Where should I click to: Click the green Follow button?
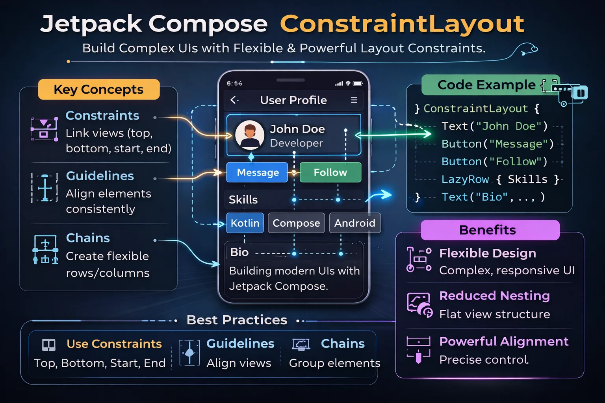click(330, 172)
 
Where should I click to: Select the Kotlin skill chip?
click(245, 223)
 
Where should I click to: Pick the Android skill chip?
click(354, 223)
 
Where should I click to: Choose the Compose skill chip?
click(296, 223)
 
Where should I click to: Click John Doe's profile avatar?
click(250, 135)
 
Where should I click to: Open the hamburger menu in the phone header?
click(354, 100)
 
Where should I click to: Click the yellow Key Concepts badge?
click(98, 89)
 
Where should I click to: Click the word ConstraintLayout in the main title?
click(402, 24)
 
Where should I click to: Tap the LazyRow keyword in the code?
click(465, 179)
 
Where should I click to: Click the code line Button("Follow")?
click(494, 162)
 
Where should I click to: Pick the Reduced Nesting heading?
click(494, 296)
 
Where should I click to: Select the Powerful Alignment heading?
click(503, 341)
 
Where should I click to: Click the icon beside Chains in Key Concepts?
click(45, 249)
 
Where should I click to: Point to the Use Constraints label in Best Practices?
click(114, 344)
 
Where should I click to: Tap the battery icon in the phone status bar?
click(358, 83)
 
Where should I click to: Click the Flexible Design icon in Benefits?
click(419, 260)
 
